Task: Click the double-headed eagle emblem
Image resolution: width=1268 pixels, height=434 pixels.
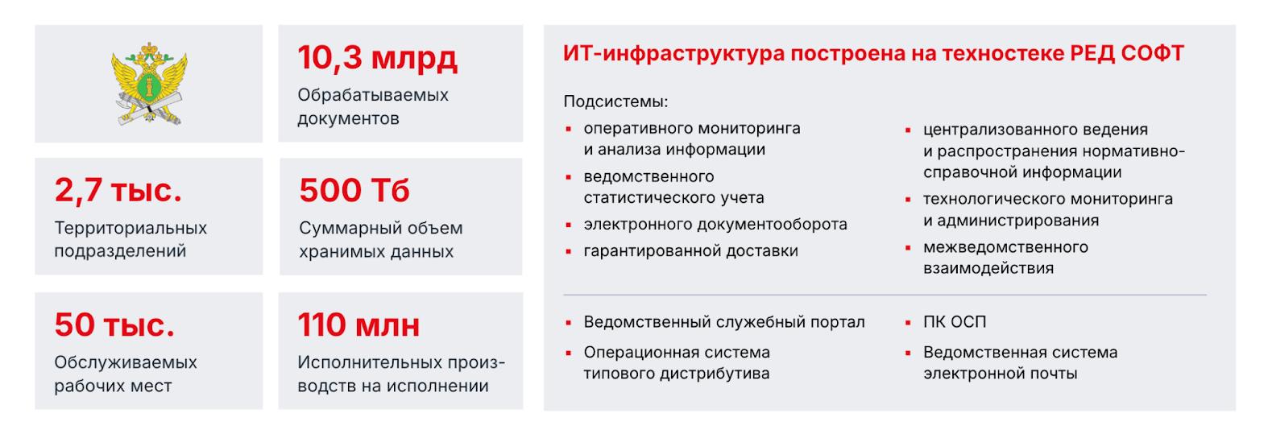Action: tap(149, 85)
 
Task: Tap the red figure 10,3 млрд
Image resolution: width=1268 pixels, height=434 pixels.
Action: tap(377, 58)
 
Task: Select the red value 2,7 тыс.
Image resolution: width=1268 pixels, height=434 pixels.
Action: tap(118, 190)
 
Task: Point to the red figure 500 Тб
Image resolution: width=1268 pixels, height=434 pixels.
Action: tap(354, 191)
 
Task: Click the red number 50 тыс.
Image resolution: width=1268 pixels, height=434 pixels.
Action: tap(114, 324)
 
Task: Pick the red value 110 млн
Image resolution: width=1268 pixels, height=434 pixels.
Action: tap(358, 324)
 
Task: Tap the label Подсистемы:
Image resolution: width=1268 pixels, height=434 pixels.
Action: tap(615, 102)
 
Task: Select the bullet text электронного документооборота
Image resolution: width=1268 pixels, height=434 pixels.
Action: tap(715, 225)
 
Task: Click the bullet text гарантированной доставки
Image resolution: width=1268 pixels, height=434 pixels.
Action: tap(690, 251)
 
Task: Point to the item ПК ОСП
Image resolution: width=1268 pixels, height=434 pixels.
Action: tap(955, 322)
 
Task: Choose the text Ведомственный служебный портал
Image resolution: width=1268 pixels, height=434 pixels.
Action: tap(724, 322)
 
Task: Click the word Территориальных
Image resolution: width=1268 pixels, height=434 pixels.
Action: tap(131, 228)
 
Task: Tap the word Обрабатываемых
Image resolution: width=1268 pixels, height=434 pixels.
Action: tap(373, 95)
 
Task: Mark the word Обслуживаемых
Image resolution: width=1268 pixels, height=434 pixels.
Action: tap(126, 362)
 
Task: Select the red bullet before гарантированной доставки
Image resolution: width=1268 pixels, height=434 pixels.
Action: tap(568, 252)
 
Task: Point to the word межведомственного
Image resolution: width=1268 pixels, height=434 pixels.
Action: tap(1005, 247)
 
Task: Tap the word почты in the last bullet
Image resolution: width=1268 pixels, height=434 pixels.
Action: tap(1053, 374)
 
